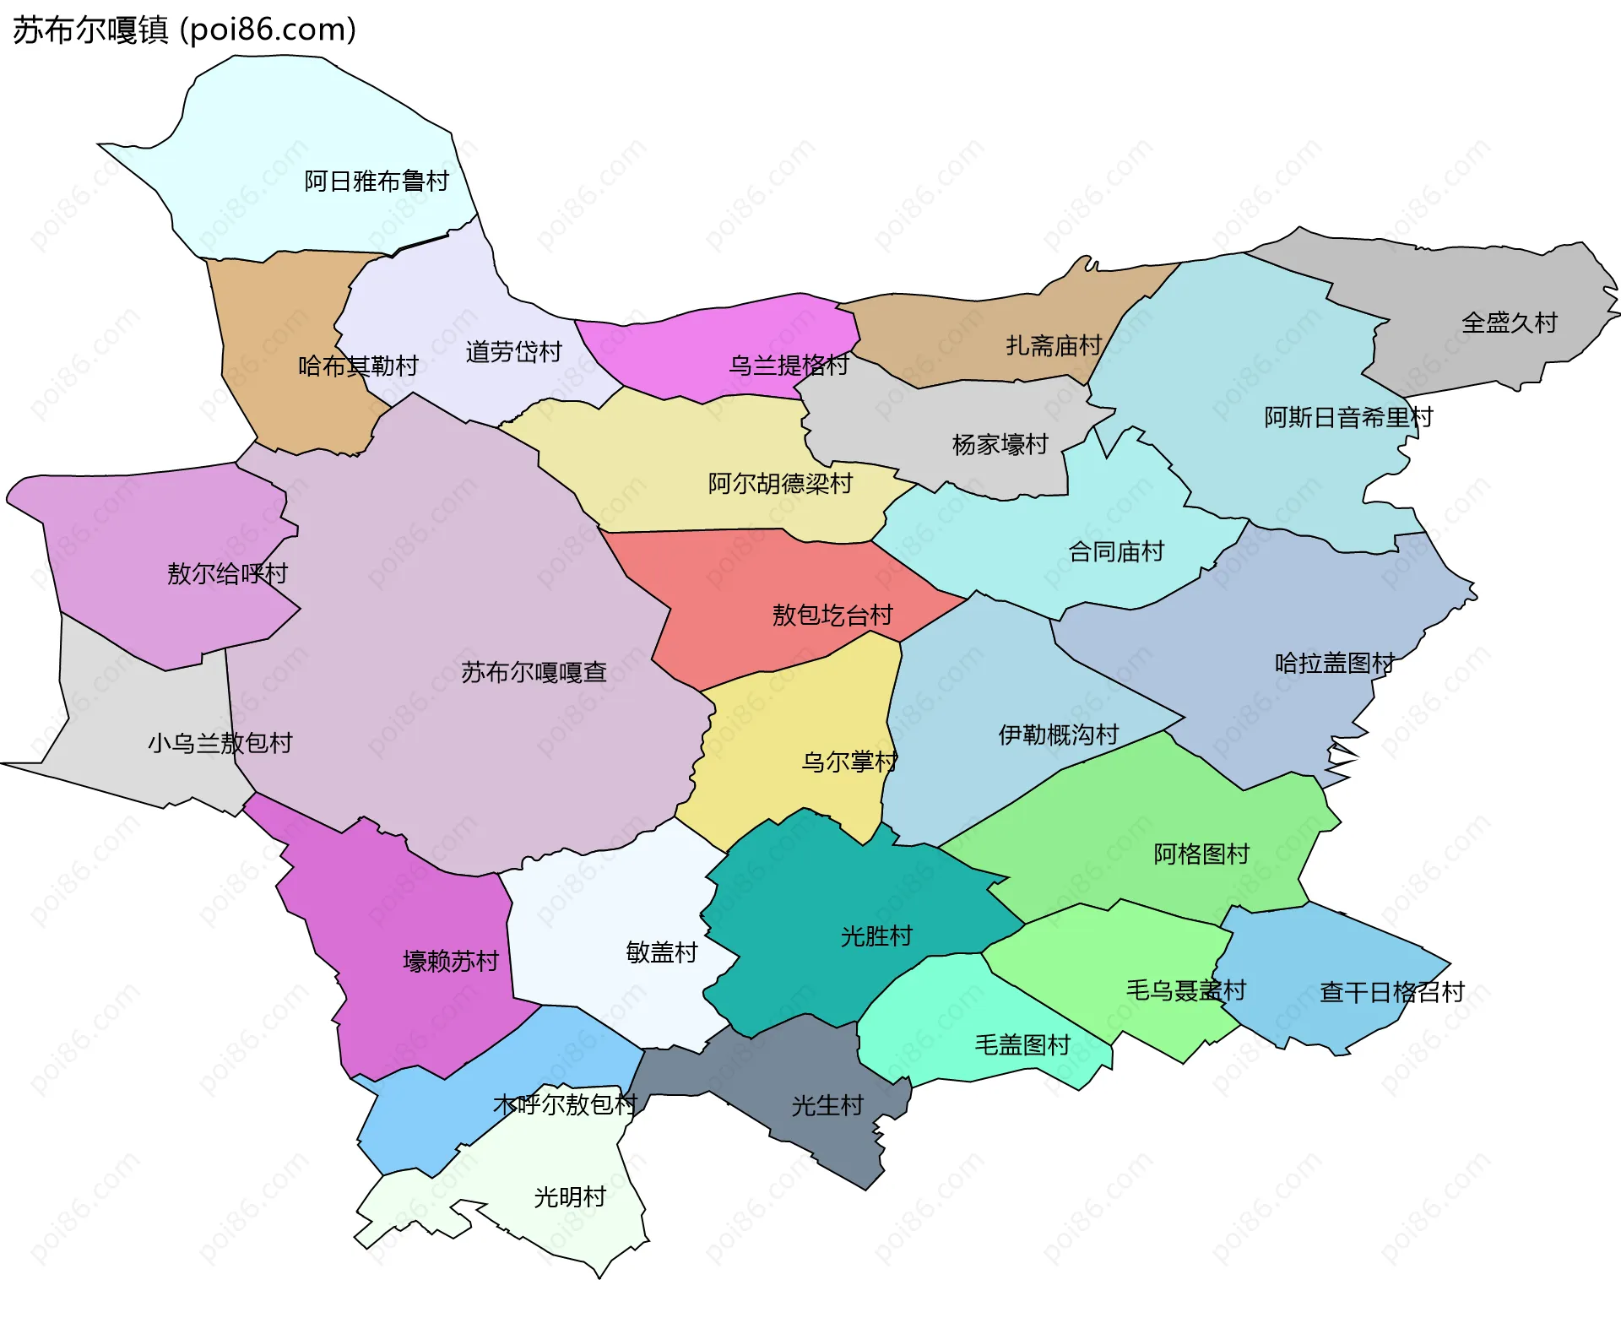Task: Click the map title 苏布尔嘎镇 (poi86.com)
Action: pyautogui.click(x=184, y=30)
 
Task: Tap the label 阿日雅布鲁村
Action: pyautogui.click(x=377, y=182)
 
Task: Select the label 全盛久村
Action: pyautogui.click(x=1509, y=323)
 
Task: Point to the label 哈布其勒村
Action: pyautogui.click(x=358, y=366)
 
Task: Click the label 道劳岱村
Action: pyautogui.click(x=513, y=351)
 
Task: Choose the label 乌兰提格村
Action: pyautogui.click(x=789, y=365)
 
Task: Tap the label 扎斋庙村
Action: pyautogui.click(x=1054, y=345)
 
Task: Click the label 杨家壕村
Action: pyautogui.click(x=1000, y=444)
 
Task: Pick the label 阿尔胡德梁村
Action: pyautogui.click(x=780, y=484)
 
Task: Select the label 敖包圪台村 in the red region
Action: pyautogui.click(x=832, y=615)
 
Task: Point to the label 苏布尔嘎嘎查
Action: pyautogui.click(x=534, y=672)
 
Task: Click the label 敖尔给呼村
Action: pyautogui.click(x=227, y=573)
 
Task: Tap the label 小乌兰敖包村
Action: pyautogui.click(x=220, y=743)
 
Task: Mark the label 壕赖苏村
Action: pyautogui.click(x=451, y=961)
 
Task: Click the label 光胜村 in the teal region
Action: pyautogui.click(x=876, y=935)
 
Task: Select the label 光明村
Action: pyautogui.click(x=570, y=1196)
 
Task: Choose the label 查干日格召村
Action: pyautogui.click(x=1391, y=992)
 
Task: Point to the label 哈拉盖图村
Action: pyautogui.click(x=1334, y=663)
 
